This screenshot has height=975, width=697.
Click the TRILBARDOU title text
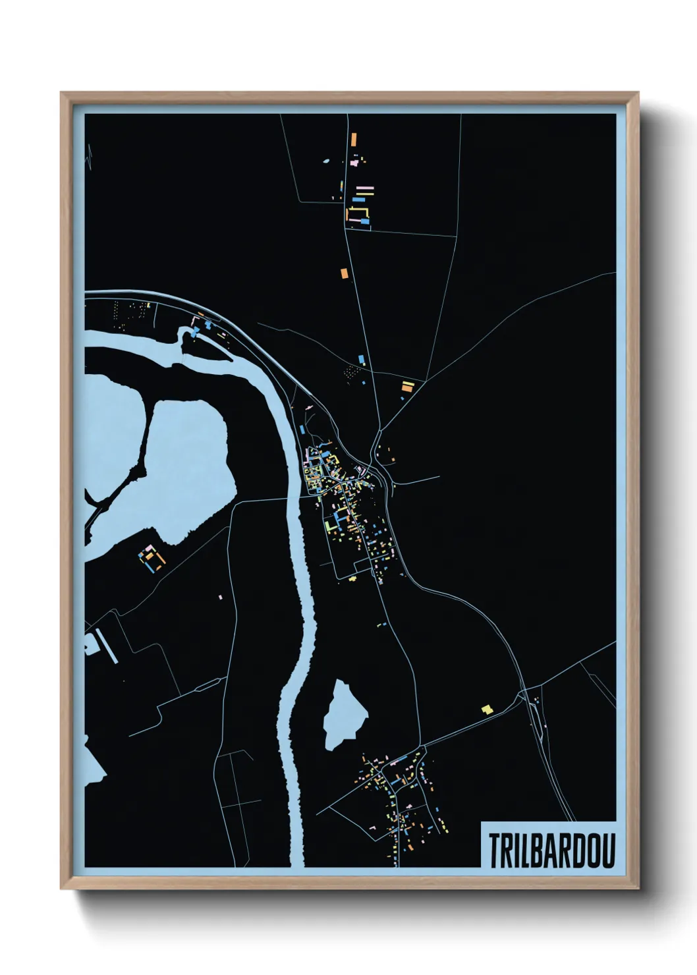tap(551, 850)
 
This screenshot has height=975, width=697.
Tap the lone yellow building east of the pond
tap(487, 710)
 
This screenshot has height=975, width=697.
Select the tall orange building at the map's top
tap(354, 140)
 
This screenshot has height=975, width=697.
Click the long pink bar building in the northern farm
tap(364, 188)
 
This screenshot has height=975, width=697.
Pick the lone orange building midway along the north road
tap(343, 273)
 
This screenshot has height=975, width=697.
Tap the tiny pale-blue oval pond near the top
tap(325, 159)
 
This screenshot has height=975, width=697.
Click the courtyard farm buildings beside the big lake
tap(152, 558)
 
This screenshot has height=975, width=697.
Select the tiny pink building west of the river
tap(221, 597)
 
